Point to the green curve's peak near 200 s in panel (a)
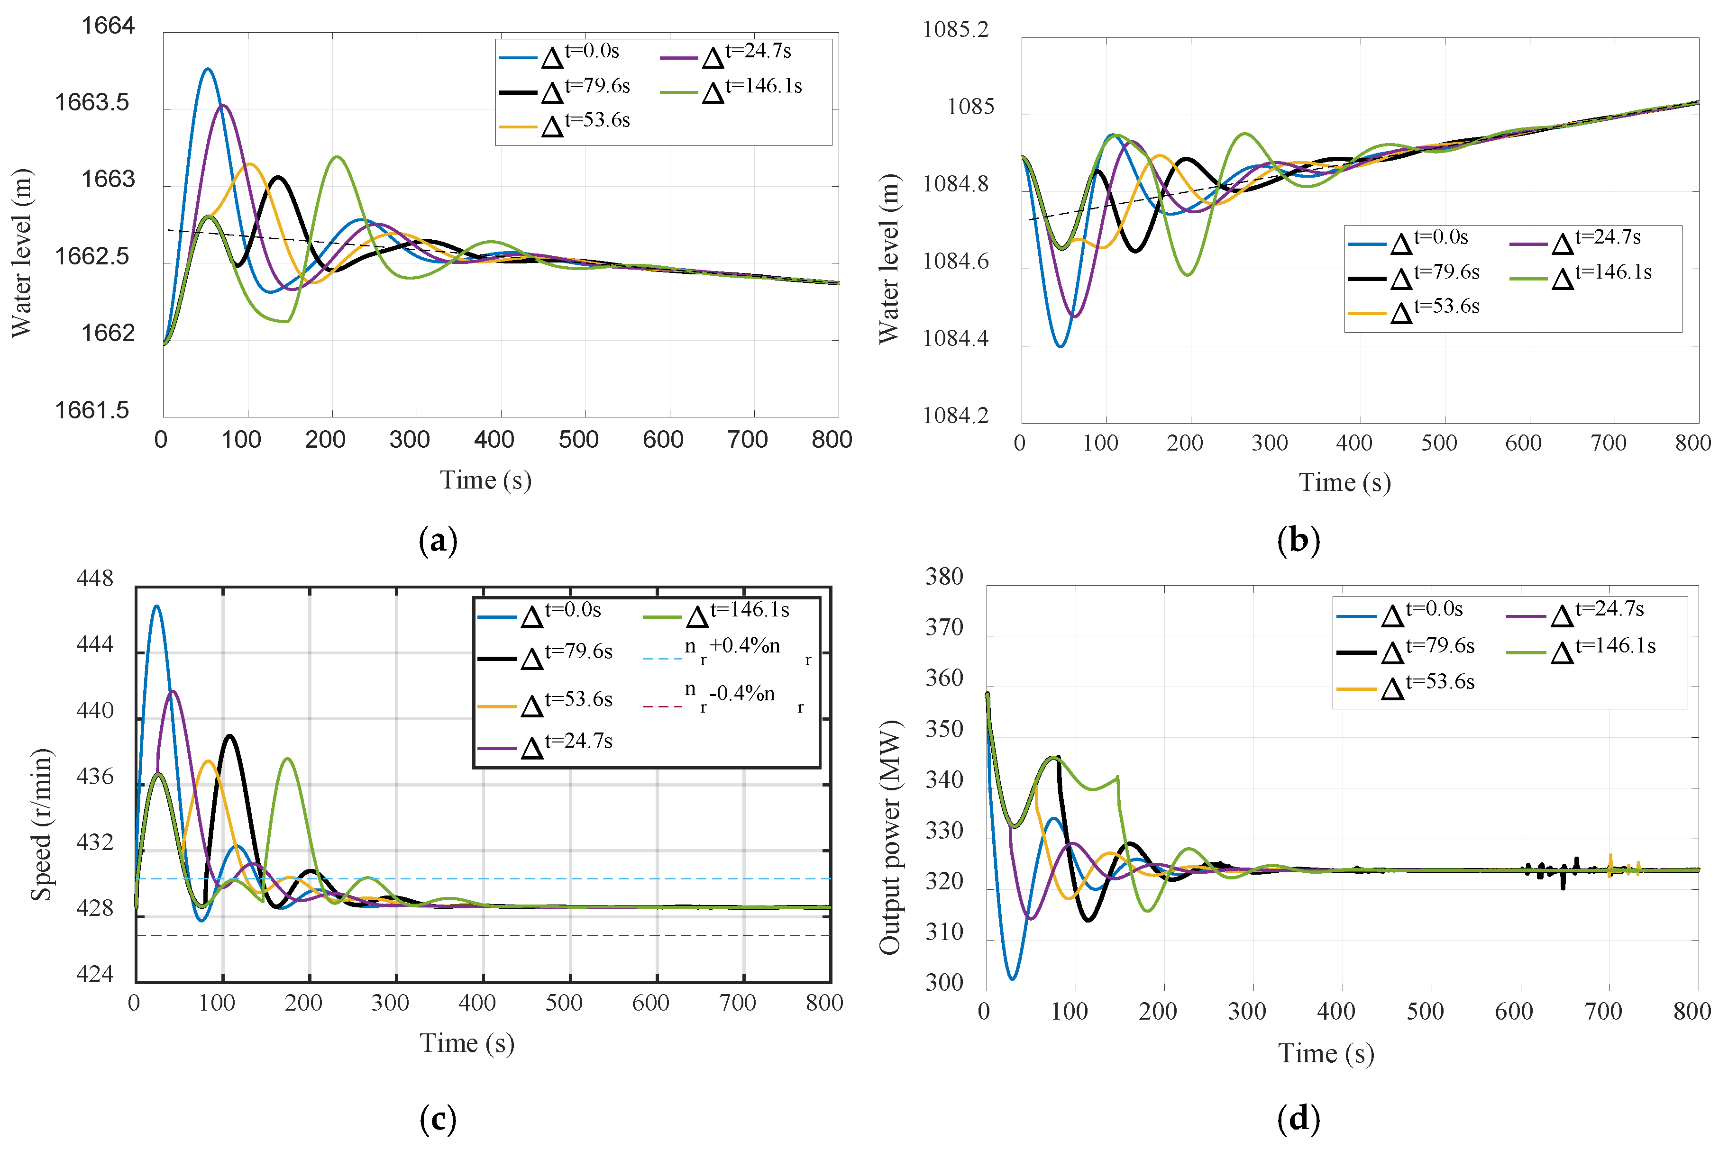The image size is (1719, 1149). [337, 157]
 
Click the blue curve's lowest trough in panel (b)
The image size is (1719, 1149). [1060, 346]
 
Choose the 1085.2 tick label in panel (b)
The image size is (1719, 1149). [956, 30]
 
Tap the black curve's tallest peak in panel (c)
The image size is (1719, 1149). [230, 736]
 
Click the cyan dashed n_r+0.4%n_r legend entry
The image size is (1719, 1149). [726, 652]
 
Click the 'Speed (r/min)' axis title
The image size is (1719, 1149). [41, 824]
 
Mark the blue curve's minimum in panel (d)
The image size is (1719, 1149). [1012, 979]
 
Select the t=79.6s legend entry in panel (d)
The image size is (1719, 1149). [1408, 649]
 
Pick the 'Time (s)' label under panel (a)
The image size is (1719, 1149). [485, 481]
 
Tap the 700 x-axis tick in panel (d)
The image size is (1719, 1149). [1603, 1012]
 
